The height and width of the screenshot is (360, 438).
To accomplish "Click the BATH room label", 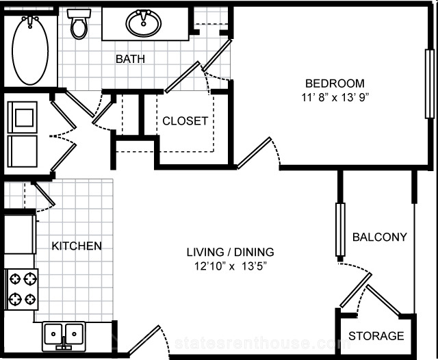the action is pos(130,59).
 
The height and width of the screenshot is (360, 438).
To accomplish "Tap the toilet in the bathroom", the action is pos(79,24).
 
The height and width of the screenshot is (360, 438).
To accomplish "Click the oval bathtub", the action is pos(30,50).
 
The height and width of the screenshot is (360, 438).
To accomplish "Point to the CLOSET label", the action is pos(185,121).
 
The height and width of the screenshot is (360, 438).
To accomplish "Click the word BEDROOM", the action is pos(335,83).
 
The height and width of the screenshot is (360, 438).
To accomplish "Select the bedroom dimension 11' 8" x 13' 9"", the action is pos(335,97).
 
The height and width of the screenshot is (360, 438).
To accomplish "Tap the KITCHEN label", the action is pos(77,246).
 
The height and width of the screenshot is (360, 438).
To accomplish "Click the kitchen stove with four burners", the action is pos(21,290).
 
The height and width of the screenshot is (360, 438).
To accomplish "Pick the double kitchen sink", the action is pos(64,336).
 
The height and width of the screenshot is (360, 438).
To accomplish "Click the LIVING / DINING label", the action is pos(230,252).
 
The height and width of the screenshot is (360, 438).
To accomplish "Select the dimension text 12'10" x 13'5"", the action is pos(230,266).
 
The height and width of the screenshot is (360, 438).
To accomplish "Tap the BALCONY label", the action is pos(380,237).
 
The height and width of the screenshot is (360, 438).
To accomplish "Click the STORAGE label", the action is pos(376,335).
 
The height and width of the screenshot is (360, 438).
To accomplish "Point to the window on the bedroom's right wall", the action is pos(429,83).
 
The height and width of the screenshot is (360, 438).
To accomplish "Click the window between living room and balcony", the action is pos(340,229).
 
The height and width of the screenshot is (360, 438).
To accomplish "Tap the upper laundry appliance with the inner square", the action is pos(23,117).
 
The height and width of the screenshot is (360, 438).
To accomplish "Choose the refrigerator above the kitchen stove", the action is pos(20,234).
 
